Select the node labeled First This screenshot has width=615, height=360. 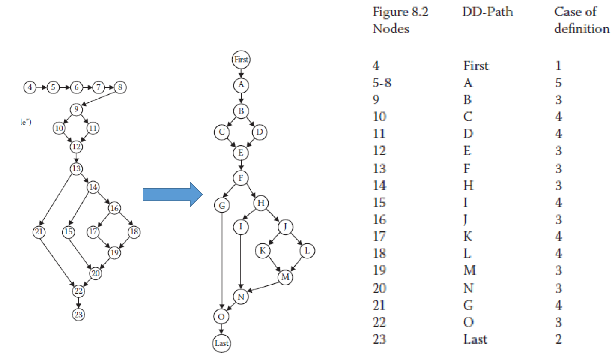pyautogui.click(x=241, y=60)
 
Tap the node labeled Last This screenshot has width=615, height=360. pyautogui.click(x=221, y=343)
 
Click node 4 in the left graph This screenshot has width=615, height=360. pyautogui.click(x=30, y=88)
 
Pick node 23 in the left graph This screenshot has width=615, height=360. pyautogui.click(x=78, y=314)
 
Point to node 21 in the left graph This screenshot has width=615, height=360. pyautogui.click(x=39, y=231)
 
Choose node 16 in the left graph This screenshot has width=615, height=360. pyautogui.click(x=114, y=209)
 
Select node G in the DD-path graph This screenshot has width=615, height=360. pyautogui.click(x=221, y=206)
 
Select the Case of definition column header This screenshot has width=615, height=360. pyautogui.click(x=581, y=20)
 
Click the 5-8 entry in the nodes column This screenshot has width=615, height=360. pyautogui.click(x=382, y=83)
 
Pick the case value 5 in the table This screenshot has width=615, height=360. pyautogui.click(x=558, y=83)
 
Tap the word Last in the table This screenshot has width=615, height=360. pyautogui.click(x=475, y=339)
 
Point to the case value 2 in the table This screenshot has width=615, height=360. pyautogui.click(x=558, y=339)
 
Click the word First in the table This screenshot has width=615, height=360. pyautogui.click(x=476, y=66)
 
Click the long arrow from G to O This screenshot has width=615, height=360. pyautogui.click(x=221, y=261)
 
